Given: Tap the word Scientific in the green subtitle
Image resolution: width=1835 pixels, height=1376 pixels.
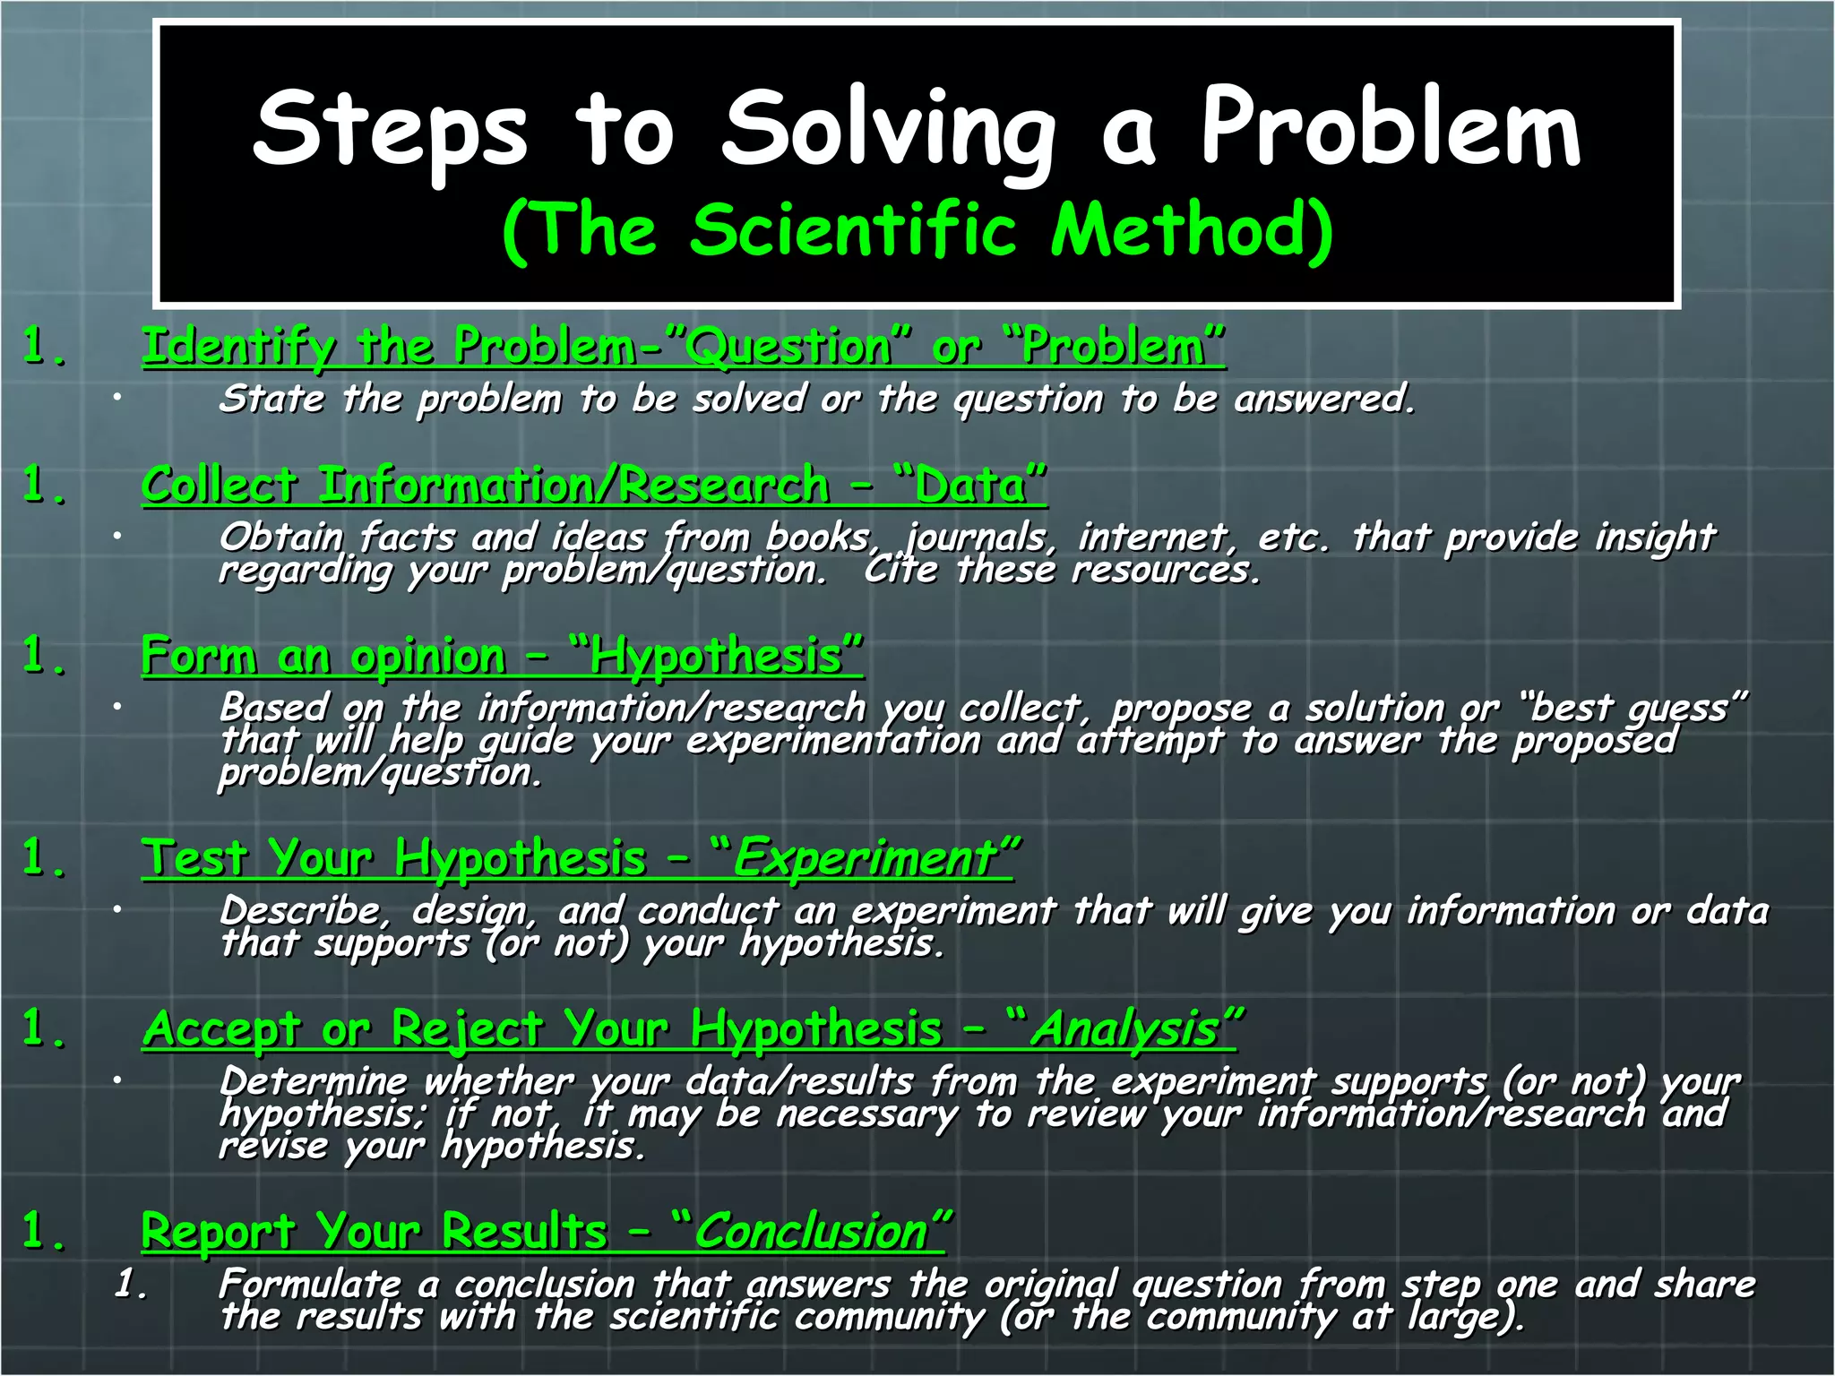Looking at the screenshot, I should [854, 230].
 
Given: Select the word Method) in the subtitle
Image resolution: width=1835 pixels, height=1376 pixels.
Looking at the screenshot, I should [1192, 230].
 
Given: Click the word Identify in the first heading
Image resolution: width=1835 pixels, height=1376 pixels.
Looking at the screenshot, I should [238, 348].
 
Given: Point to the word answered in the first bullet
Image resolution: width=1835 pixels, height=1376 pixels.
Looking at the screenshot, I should [1323, 400].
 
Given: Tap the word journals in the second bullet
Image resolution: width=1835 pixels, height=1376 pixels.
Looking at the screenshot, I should [978, 537].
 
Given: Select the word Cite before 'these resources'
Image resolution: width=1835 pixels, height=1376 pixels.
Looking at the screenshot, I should [900, 570].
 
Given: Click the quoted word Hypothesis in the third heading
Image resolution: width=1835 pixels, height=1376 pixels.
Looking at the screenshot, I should [716, 657].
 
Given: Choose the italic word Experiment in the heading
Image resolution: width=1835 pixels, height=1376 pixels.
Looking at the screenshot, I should [866, 858].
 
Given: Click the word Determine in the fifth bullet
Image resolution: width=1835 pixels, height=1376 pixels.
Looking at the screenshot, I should [313, 1081].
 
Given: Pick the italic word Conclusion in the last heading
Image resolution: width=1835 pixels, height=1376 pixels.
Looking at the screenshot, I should [812, 1232].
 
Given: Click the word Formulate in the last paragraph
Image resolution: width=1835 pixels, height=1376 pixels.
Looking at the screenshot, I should [310, 1285].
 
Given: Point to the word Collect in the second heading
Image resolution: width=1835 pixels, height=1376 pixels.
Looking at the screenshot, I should [220, 486].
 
